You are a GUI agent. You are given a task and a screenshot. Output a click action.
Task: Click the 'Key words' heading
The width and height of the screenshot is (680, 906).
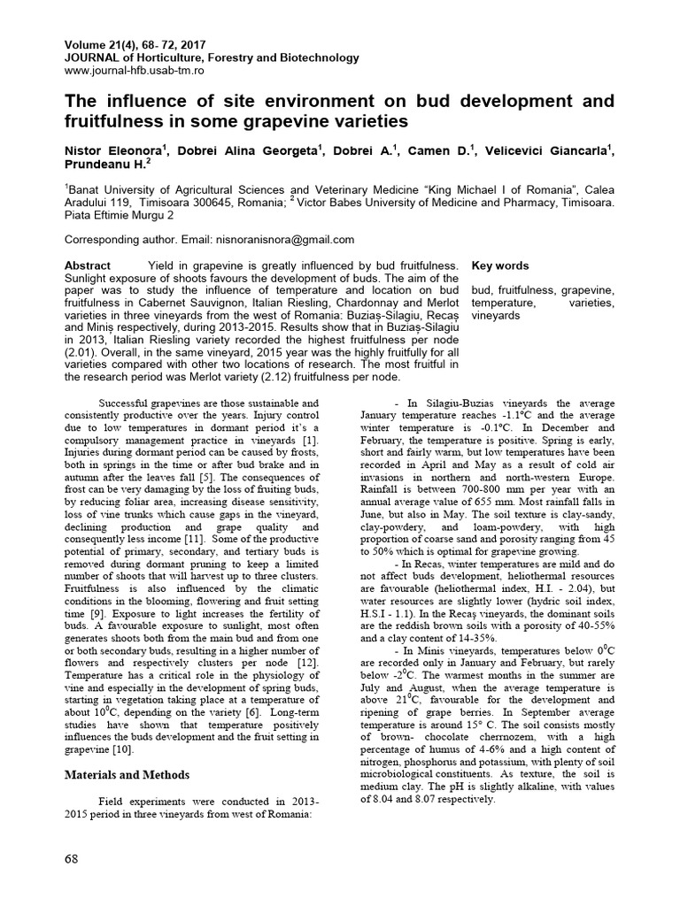click(500, 265)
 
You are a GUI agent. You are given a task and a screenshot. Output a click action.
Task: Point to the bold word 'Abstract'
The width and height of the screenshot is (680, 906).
click(89, 265)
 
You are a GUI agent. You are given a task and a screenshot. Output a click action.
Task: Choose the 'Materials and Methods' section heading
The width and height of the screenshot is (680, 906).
click(127, 775)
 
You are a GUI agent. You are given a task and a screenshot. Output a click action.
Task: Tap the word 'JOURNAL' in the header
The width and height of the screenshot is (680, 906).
click(91, 58)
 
